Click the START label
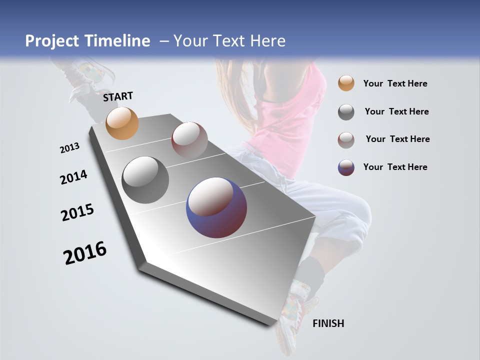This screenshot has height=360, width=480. click(x=118, y=96)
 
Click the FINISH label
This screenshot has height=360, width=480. click(x=328, y=323)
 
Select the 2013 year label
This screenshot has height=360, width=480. click(x=69, y=148)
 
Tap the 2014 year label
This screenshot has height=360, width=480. click(x=73, y=177)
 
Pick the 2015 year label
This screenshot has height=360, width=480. click(x=77, y=212)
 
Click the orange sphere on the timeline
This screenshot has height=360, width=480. click(x=122, y=123)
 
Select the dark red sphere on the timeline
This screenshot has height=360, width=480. click(x=189, y=139)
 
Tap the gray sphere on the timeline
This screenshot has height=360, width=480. click(x=145, y=180)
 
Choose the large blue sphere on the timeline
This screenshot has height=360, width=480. click(x=216, y=207)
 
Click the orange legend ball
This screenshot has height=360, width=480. click(x=346, y=83)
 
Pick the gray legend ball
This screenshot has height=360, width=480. click(x=346, y=112)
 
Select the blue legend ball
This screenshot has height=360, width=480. click(x=346, y=167)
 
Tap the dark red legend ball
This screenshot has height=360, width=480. click(x=346, y=140)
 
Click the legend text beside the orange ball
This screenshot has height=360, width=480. click(x=395, y=84)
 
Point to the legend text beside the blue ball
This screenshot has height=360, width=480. click(x=395, y=167)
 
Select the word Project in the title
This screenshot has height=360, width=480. click(x=51, y=41)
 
